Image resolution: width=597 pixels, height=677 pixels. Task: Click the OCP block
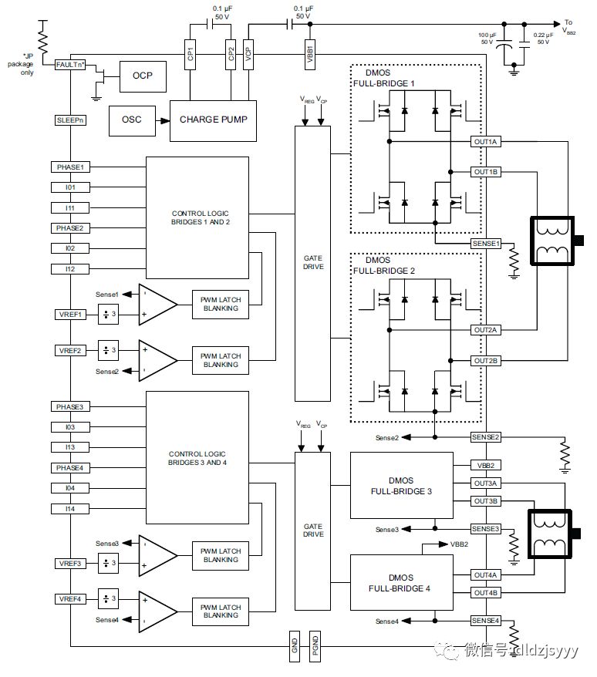pos(142,76)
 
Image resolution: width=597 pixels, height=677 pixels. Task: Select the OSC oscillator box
pos(132,120)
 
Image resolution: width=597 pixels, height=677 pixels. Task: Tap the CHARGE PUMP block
pos(214,120)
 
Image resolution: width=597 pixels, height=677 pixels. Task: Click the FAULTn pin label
pos(70,65)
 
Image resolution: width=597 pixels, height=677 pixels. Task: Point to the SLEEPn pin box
pos(70,120)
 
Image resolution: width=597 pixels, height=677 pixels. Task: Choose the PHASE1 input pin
pos(70,167)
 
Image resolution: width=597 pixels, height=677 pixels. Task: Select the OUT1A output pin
pos(486,142)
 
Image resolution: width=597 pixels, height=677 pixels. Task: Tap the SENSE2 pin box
pos(486,437)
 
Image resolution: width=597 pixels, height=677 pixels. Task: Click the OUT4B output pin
pos(486,592)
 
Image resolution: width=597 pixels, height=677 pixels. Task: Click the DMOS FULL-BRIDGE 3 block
pos(401,485)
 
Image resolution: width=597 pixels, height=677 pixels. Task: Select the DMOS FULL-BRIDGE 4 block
pos(401,582)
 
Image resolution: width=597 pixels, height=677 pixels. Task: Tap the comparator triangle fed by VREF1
pos(157,303)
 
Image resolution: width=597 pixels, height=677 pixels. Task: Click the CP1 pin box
pos(190,56)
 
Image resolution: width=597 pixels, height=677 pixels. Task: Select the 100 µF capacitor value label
pos(486,39)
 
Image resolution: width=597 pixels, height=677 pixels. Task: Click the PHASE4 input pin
pos(70,467)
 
